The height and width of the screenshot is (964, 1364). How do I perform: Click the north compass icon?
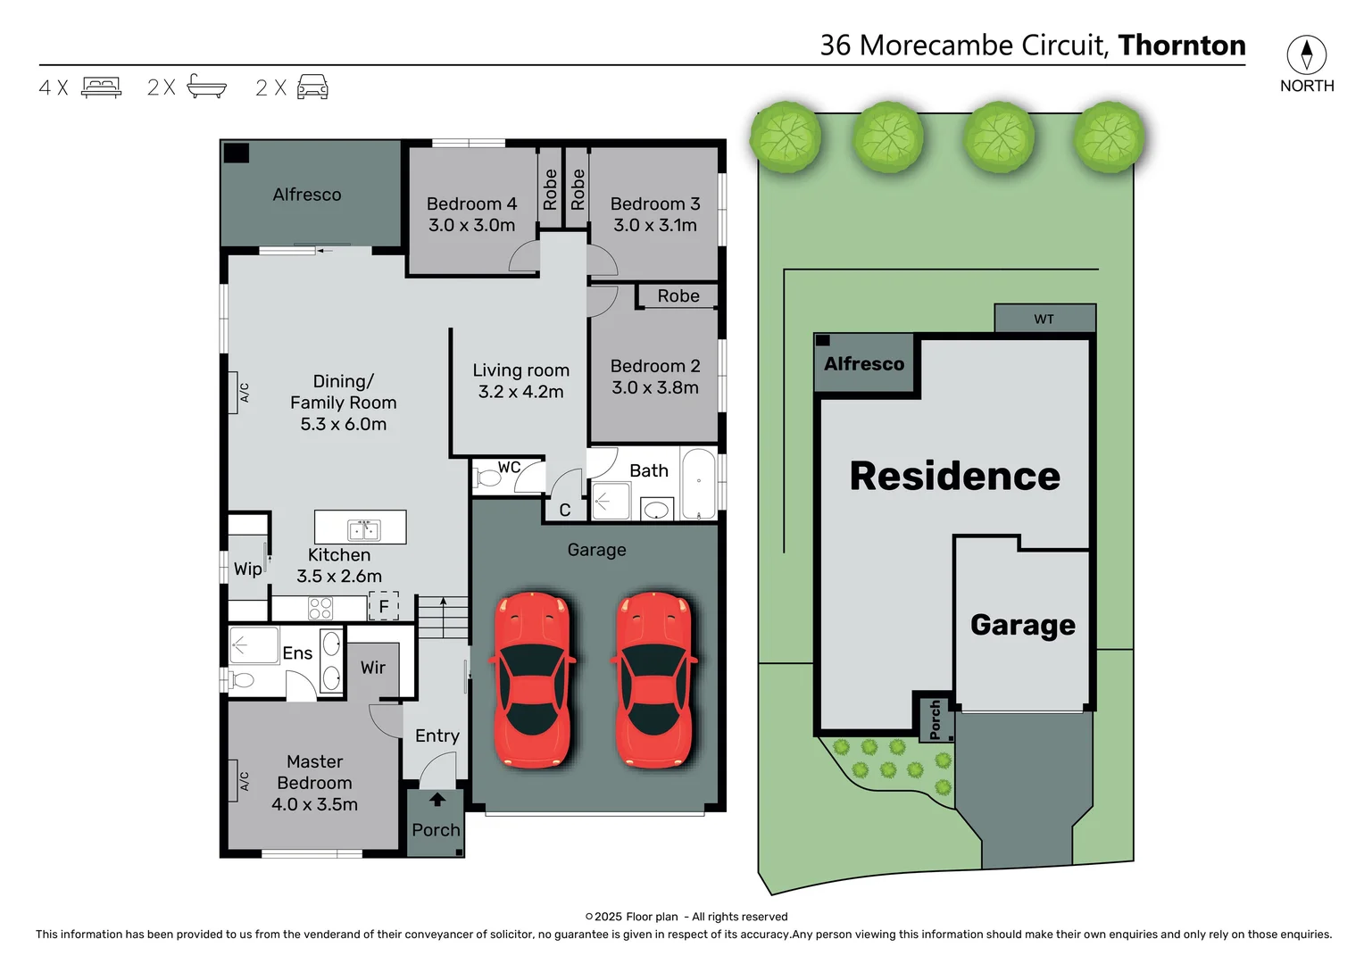[x=1306, y=55]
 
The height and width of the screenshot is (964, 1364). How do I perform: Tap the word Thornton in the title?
[x=1181, y=46]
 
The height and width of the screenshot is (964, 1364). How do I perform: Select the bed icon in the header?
[x=101, y=87]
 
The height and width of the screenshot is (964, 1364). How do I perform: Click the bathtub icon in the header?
[x=207, y=87]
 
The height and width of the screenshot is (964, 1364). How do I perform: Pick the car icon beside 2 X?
[x=312, y=87]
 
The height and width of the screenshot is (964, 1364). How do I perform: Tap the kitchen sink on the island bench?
[x=364, y=529]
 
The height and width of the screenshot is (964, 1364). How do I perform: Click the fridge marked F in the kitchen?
[x=384, y=606]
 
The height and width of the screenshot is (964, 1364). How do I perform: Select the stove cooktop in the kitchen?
[x=320, y=609]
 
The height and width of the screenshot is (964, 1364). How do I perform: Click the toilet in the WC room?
[x=487, y=478]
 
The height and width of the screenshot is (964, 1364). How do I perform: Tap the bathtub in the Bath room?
[x=699, y=485]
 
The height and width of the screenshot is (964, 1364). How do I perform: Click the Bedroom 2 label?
[x=654, y=366]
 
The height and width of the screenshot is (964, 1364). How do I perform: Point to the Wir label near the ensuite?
[x=373, y=668]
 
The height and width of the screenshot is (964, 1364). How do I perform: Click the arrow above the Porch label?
[x=437, y=800]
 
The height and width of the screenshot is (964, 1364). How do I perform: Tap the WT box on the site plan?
[x=1044, y=319]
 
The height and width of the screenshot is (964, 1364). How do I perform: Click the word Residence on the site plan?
[x=954, y=476]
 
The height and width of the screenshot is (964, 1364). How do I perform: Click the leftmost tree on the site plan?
[x=786, y=137]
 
